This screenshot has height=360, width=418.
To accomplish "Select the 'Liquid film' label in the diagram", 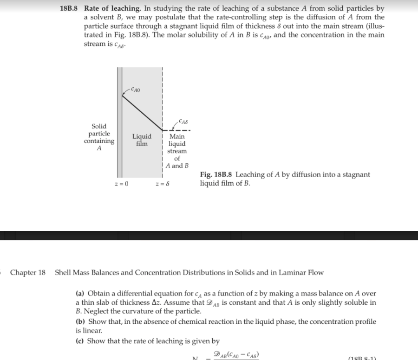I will pyautogui.click(x=142, y=140).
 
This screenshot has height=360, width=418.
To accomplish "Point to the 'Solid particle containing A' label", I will pyautogui.click(x=99, y=137).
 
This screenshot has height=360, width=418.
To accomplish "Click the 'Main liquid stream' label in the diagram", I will pyautogui.click(x=177, y=144).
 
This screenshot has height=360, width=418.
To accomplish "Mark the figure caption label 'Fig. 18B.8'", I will pyautogui.click(x=217, y=174).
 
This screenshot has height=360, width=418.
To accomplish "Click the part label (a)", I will pyautogui.click(x=80, y=294).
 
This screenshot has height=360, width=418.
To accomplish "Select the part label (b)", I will pyautogui.click(x=80, y=321).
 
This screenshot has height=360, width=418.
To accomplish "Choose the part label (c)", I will pyautogui.click(x=80, y=341).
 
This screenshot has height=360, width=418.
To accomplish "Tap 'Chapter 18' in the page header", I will pyautogui.click(x=28, y=272).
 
